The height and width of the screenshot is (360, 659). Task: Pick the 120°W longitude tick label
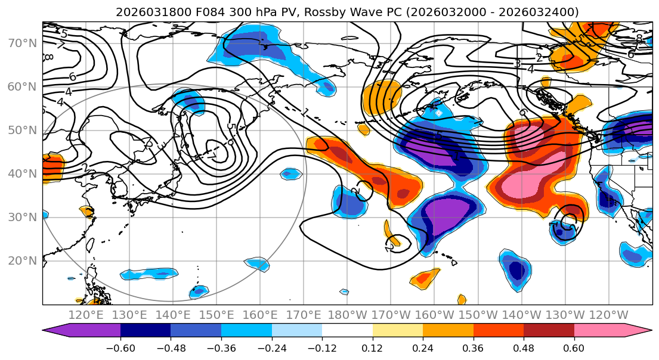point(609,315)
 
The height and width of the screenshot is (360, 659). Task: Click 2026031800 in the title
point(146,12)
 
